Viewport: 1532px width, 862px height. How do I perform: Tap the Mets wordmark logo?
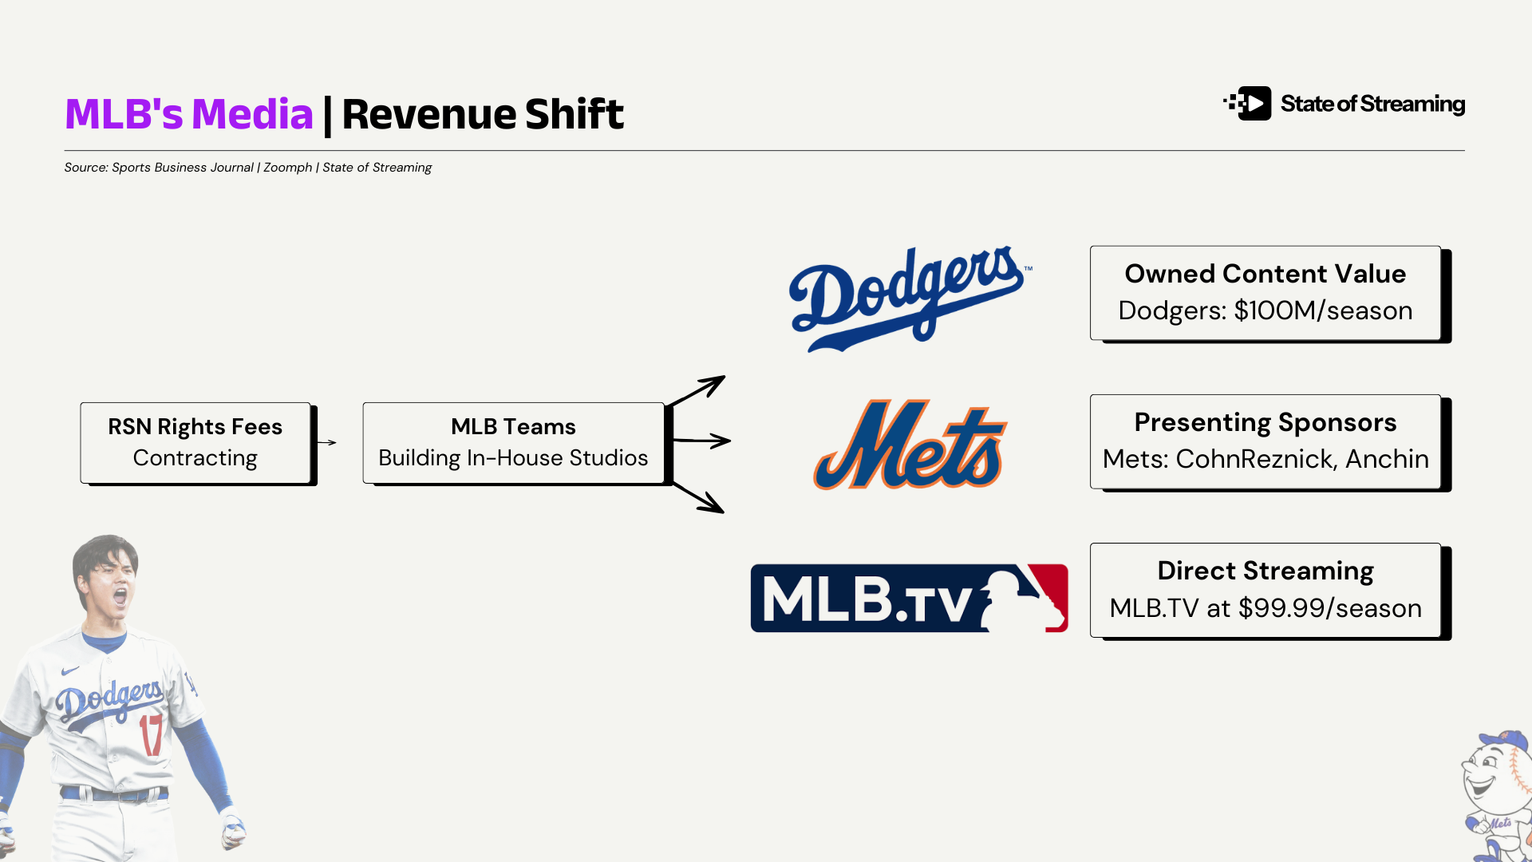(x=910, y=445)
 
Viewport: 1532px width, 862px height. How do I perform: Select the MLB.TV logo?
(x=909, y=598)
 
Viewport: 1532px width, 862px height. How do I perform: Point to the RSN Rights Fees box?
(x=195, y=442)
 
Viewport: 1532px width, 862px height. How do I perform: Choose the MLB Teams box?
(x=513, y=442)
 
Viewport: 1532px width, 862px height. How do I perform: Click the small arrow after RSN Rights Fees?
(x=326, y=442)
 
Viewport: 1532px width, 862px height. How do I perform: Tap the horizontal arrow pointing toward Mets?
(x=702, y=440)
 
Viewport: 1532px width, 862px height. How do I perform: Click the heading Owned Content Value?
(x=1265, y=274)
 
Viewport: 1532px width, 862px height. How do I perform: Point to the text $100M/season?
(x=1323, y=310)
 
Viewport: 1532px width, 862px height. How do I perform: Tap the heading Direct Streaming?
(x=1265, y=571)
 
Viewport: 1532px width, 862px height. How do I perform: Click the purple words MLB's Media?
(x=189, y=114)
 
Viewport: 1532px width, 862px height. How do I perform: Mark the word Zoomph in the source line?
(x=287, y=168)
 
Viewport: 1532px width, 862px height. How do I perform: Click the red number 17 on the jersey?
(x=151, y=734)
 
